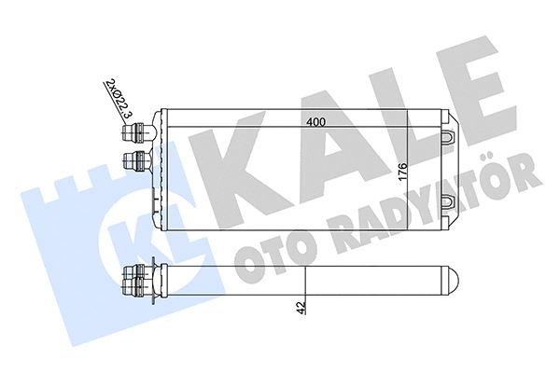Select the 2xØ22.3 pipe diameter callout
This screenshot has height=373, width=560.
pos(118,101)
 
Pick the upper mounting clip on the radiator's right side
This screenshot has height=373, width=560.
pos(448,137)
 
